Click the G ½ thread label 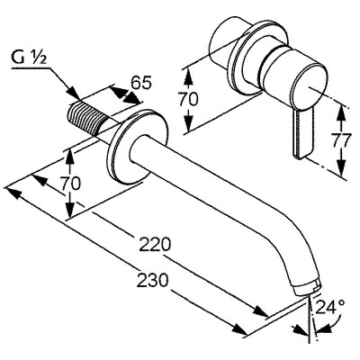[29, 58]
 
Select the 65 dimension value [141, 84]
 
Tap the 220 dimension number [155, 245]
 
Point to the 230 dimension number [152, 280]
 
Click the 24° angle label [330, 306]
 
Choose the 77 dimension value [340, 140]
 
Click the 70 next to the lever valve [188, 99]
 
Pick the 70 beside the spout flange [71, 184]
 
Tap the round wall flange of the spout [137, 146]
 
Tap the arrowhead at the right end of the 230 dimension [240, 329]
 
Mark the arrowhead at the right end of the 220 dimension [261, 311]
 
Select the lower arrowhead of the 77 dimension [341, 168]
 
